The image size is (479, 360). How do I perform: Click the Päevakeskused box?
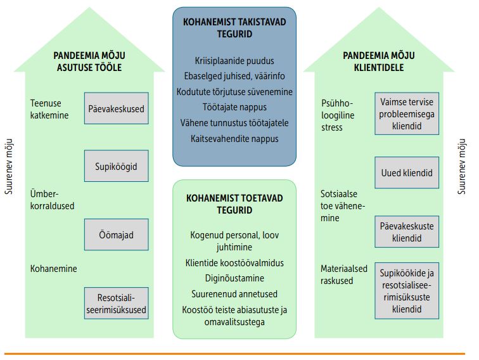click(117, 108)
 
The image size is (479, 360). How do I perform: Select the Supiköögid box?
click(117, 166)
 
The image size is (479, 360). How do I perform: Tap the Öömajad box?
click(117, 235)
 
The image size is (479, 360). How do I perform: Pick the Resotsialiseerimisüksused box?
click(117, 303)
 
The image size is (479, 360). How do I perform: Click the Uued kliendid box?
click(407, 173)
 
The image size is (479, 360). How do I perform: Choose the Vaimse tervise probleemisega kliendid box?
click(407, 113)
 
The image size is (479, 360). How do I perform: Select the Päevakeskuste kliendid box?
click(407, 231)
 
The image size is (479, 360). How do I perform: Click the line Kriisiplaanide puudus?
click(234, 61)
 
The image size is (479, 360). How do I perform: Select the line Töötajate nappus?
click(234, 107)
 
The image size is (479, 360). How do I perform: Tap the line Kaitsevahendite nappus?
click(234, 138)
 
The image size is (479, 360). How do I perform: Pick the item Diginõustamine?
click(234, 278)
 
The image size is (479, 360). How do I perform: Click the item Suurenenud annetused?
click(234, 294)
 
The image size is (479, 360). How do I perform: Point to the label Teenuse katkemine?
click(49, 109)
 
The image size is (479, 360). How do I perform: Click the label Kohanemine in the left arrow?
click(54, 269)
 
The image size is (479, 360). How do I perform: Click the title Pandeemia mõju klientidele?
click(374, 61)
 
